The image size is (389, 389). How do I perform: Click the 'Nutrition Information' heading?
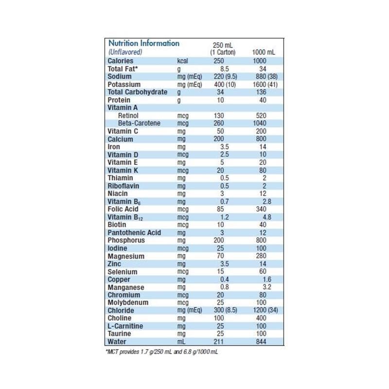pos(143,43)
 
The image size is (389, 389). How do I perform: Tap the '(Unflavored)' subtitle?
pos(125,52)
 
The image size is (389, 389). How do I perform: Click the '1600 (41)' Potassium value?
pos(265,85)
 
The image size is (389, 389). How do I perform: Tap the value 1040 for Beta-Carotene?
pos(263,124)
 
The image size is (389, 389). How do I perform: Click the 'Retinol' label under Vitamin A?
pos(129,116)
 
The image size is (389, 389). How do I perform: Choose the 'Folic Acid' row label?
pos(123,209)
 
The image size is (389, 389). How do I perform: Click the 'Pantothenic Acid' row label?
pos(134,232)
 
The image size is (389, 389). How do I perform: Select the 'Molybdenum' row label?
pos(128,302)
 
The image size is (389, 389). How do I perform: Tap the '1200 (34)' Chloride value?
pos(265,310)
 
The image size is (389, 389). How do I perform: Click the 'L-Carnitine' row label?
pos(125,326)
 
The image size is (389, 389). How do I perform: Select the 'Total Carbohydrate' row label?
pos(137,92)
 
